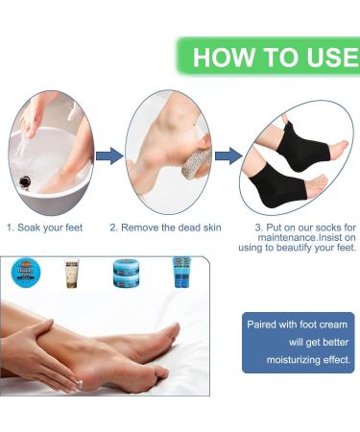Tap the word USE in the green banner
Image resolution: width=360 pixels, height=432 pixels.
pyautogui.click(x=326, y=57)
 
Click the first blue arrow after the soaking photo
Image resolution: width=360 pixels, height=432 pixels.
pyautogui.click(x=109, y=156)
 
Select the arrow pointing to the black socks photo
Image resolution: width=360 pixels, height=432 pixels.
pyautogui.click(x=228, y=156)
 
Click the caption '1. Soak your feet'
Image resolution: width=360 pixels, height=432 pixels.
pyautogui.click(x=44, y=228)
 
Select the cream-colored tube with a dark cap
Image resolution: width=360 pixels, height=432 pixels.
pyautogui.click(x=71, y=273)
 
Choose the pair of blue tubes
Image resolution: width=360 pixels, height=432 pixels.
pyautogui.click(x=179, y=273)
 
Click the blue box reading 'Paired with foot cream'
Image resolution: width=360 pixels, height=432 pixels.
pyautogui.click(x=298, y=342)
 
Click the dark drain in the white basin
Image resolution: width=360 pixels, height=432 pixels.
pyautogui.click(x=20, y=179)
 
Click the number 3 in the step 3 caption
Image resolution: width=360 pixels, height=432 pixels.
pyautogui.click(x=258, y=228)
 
